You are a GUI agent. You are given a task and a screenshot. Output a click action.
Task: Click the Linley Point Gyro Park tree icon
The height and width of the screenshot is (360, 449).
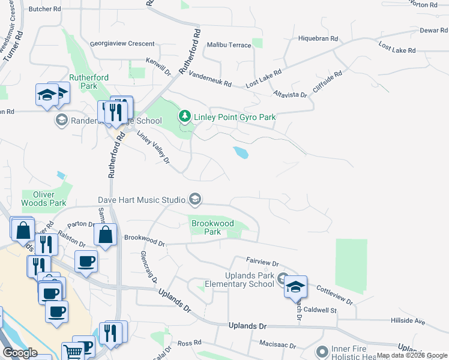[185, 116]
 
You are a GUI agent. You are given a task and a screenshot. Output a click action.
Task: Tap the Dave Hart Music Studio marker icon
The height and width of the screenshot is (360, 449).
[194, 199]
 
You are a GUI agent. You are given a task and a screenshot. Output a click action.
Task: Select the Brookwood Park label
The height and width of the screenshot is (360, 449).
[212, 227]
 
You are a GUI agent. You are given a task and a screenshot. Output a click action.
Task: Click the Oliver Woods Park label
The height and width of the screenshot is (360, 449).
[44, 199]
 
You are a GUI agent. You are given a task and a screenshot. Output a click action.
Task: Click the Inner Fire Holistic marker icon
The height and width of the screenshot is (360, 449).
[323, 351]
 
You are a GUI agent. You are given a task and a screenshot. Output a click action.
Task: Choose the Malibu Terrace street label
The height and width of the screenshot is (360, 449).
[229, 46]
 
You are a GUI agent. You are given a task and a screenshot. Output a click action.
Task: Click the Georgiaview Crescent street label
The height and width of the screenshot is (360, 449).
[122, 44]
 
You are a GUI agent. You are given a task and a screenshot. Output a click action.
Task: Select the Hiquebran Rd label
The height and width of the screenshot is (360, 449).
[318, 38]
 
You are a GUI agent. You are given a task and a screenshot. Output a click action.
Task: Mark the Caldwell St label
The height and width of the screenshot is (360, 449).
[321, 310]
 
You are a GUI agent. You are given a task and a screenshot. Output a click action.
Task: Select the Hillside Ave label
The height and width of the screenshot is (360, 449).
[408, 322]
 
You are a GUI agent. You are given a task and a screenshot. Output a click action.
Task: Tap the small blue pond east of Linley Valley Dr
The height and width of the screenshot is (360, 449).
[241, 152]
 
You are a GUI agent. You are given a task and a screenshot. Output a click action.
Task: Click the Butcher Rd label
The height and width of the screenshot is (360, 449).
[45, 9]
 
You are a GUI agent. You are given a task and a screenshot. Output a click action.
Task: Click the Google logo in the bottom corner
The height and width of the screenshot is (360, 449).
[20, 353]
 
